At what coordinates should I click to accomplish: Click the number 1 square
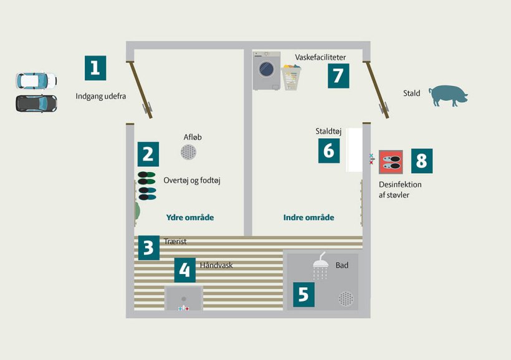95,68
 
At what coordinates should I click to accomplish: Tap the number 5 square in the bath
303,295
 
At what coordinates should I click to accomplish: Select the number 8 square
422,161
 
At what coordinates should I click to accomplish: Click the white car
37,80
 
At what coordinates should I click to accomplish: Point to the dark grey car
37,103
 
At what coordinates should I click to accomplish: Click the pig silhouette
448,96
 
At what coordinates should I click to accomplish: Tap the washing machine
267,71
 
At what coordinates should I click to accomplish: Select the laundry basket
291,77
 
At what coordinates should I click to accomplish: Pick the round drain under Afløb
188,152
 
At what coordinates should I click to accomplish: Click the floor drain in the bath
346,299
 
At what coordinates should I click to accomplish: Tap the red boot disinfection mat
391,162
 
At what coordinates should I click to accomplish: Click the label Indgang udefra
101,97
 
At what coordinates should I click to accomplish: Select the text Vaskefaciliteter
320,57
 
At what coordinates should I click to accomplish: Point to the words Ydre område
190,217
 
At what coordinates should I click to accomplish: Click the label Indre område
308,217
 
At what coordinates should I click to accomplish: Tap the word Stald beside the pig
411,93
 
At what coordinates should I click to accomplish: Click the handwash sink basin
184,298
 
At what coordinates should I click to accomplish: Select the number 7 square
338,76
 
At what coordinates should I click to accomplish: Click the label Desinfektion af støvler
400,189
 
